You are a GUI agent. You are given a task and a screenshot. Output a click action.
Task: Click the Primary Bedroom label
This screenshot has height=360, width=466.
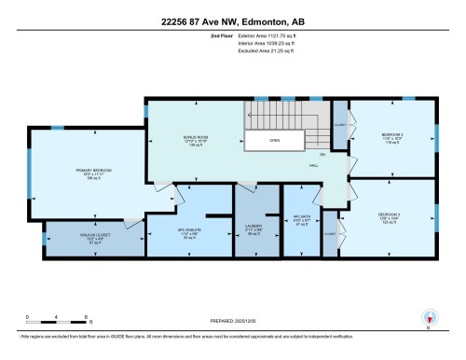coord(94,171)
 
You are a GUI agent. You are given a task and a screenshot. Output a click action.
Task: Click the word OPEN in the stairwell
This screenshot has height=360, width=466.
coord(274,141)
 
